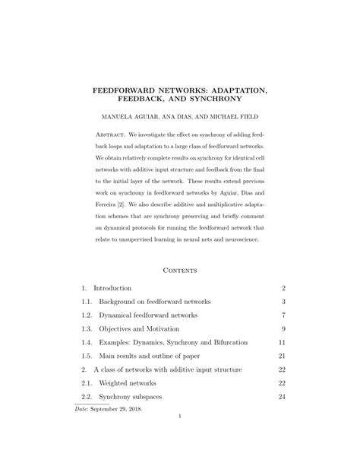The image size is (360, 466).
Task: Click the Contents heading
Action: click(180, 269)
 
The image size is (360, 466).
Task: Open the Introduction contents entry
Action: click(112, 288)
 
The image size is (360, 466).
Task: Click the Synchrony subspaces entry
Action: click(129, 397)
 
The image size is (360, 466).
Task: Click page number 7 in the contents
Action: click(283, 315)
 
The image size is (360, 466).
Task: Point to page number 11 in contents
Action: click(281, 343)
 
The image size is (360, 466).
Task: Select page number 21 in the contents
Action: click(281, 356)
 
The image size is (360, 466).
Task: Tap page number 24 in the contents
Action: click(281, 397)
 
